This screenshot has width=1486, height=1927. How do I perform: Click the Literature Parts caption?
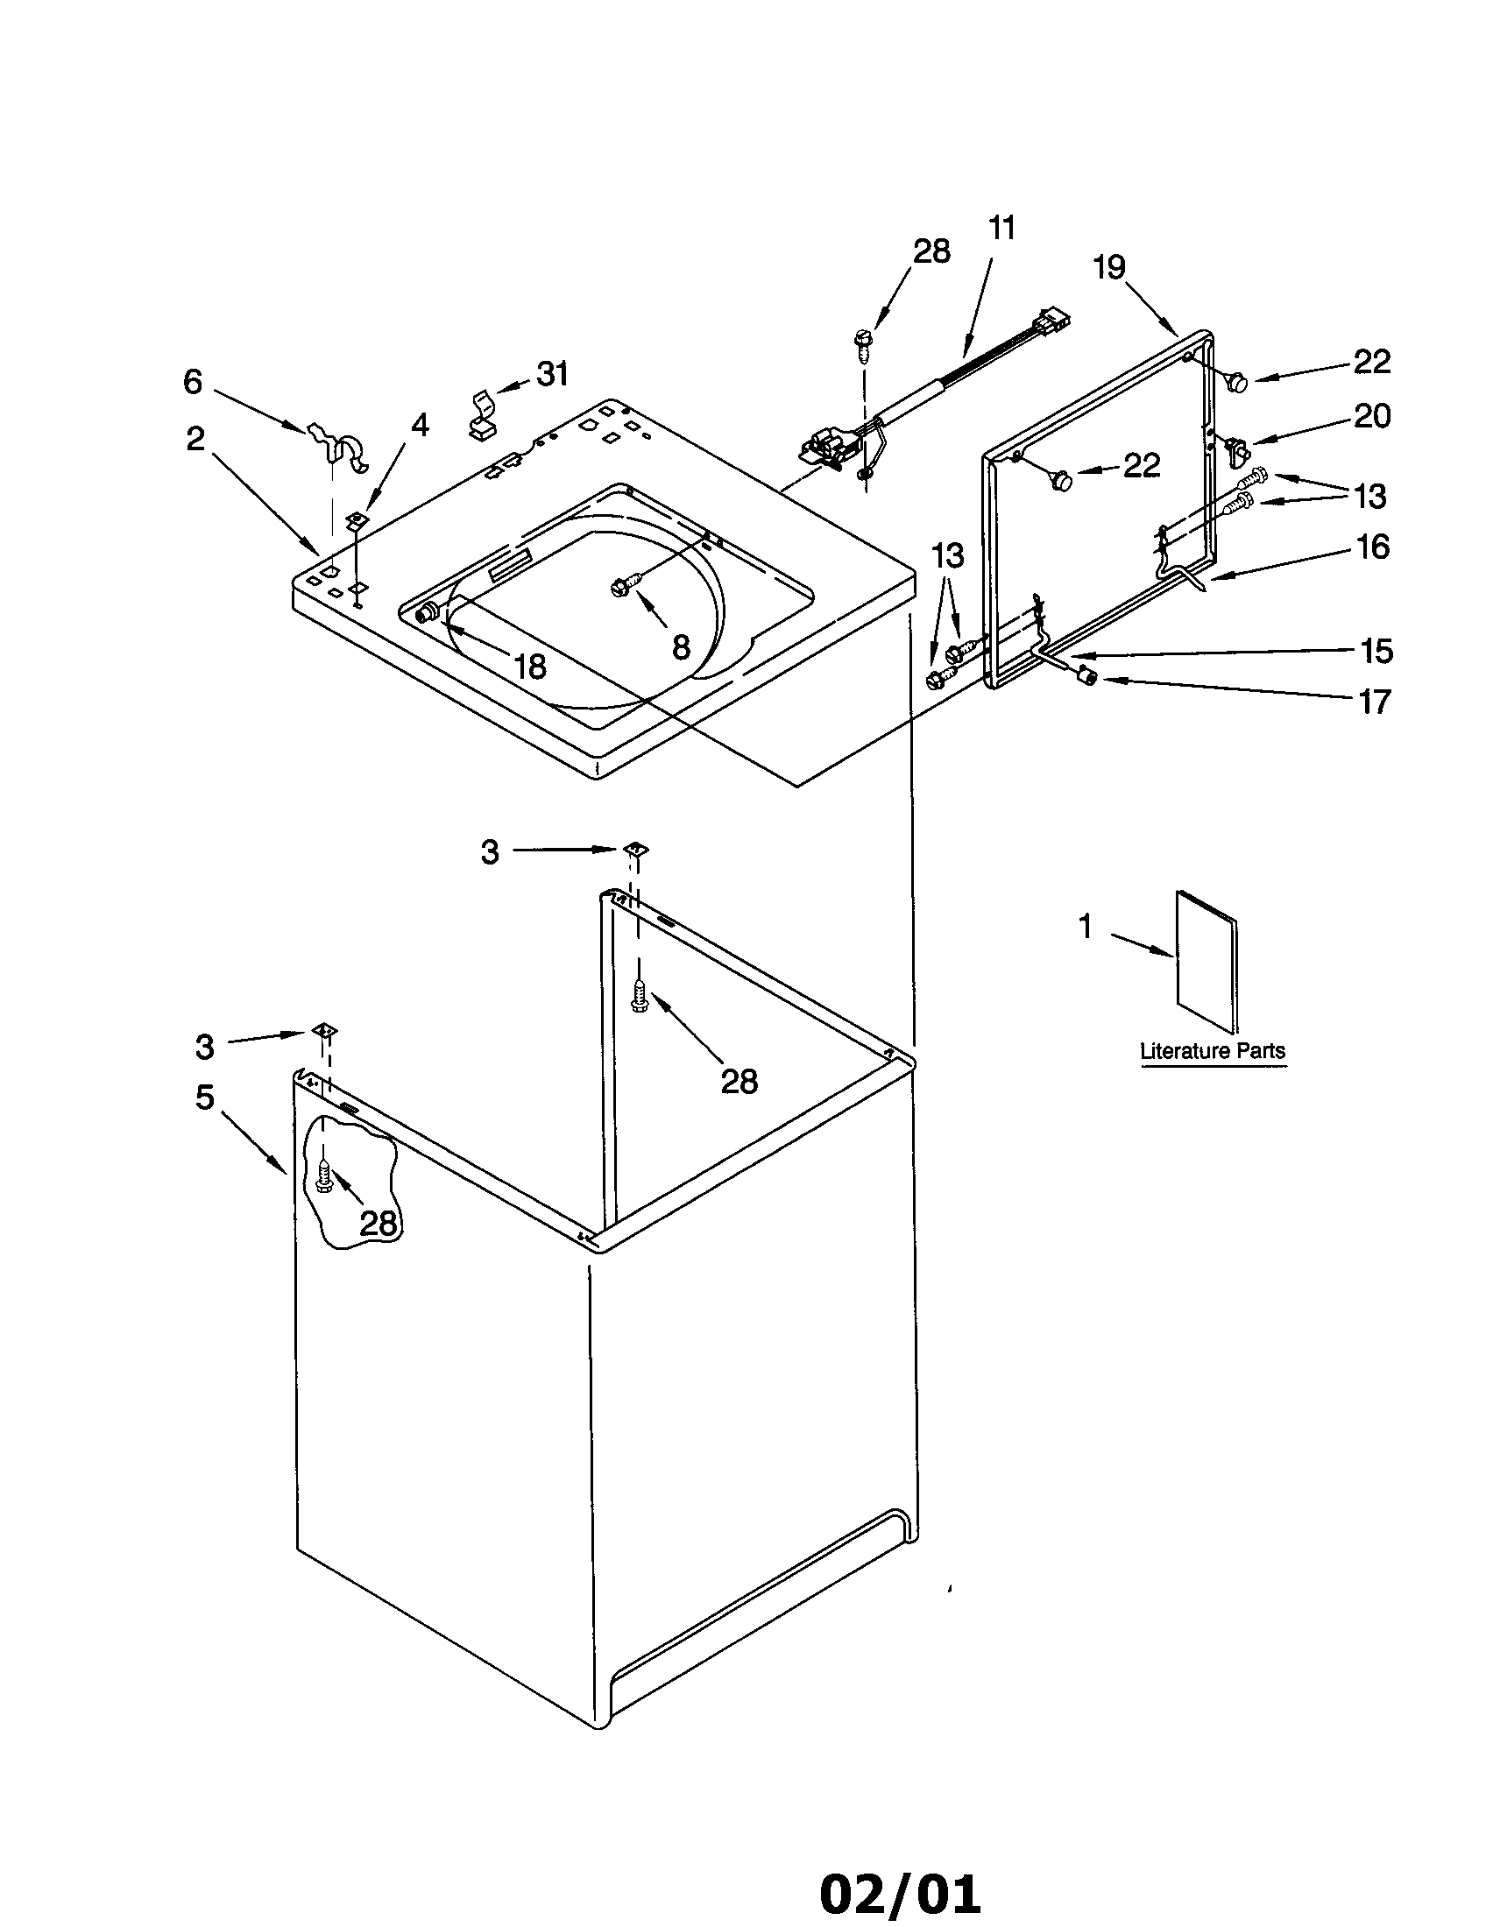pos(1213,1051)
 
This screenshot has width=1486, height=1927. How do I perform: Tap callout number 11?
pos(1001,228)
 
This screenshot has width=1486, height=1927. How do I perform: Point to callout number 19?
pos(1109,266)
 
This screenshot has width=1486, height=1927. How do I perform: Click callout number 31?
pos(552,374)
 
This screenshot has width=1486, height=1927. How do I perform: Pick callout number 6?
pos(193,381)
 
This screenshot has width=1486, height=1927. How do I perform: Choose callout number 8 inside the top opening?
pos(680,646)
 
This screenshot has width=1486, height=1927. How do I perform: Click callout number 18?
pos(529,667)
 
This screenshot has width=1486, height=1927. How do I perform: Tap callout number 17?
pos(1374,702)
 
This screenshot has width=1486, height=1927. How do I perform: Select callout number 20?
pos(1372,415)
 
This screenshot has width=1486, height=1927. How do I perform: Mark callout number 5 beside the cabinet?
pos(205,1098)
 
